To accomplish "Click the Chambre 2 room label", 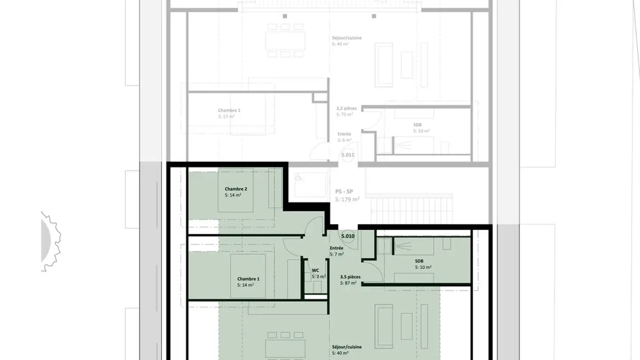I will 236,189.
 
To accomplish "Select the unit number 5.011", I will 348,155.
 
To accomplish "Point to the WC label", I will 316,270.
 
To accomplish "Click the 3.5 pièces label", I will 350,276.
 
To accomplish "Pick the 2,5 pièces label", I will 347,108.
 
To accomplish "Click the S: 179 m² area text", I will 347,200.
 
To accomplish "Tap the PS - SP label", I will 344,192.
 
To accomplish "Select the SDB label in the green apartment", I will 419,261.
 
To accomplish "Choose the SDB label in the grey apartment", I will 417,125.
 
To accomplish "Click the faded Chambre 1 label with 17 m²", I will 229,110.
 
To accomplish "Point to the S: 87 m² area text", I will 348,283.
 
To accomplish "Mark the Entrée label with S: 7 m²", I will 336,248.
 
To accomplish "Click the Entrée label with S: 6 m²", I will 344,134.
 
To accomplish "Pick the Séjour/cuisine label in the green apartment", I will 347,347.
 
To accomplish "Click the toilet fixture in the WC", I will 317,287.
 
